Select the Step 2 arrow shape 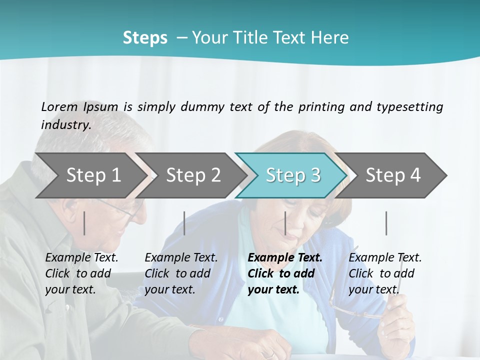pyautogui.click(x=193, y=175)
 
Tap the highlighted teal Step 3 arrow pyautogui.click(x=293, y=175)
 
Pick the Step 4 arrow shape pyautogui.click(x=393, y=175)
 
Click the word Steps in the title pyautogui.click(x=145, y=37)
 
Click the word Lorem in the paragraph pyautogui.click(x=59, y=106)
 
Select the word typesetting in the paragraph pyautogui.click(x=409, y=106)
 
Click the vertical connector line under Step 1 pyautogui.click(x=84, y=223)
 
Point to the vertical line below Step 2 pyautogui.click(x=184, y=223)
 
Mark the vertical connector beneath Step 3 pyautogui.click(x=285, y=223)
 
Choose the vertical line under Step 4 pyautogui.click(x=386, y=223)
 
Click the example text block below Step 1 pyautogui.click(x=81, y=273)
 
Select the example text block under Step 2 pyautogui.click(x=181, y=273)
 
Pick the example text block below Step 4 pyautogui.click(x=385, y=273)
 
